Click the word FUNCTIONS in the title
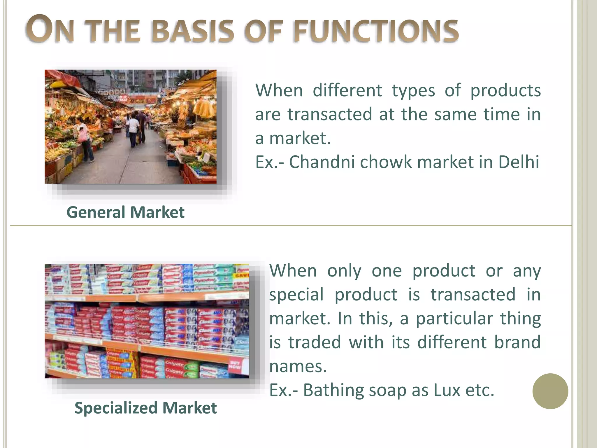pos(376,31)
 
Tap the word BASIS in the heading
pos(193,31)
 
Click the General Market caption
pos(125,212)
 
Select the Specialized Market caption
pos(145,408)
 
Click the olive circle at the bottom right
pos(550,391)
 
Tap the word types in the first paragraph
pos(413,91)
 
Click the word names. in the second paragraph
pos(298,366)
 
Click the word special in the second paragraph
pos(296,295)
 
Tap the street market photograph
pos(130,127)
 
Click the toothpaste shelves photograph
pos(147,321)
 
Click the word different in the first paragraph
pos(347,90)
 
